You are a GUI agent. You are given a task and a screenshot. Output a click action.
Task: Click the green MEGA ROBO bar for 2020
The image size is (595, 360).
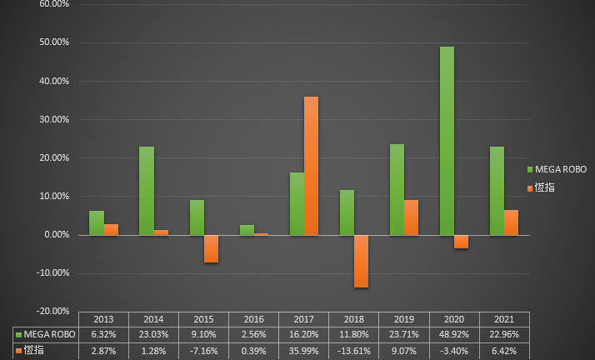[x=447, y=141]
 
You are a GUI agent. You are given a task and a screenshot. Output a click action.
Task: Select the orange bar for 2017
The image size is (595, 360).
[x=311, y=166]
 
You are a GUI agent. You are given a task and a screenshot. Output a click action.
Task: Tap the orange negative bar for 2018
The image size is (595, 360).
[x=361, y=261]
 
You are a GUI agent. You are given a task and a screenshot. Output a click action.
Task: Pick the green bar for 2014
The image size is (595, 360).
[x=147, y=191]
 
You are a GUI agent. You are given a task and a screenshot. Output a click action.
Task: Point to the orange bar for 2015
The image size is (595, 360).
[x=211, y=248]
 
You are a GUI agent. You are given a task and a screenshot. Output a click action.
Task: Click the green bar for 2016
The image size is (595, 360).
[x=247, y=230]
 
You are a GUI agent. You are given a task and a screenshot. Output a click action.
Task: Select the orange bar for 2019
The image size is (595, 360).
[x=411, y=217]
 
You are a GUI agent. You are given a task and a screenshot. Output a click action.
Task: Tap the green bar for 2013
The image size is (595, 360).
[x=97, y=222]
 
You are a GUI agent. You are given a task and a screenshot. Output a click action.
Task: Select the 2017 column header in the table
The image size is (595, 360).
[x=304, y=319]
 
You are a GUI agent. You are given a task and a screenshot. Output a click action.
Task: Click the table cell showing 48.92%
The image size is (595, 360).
[x=454, y=334]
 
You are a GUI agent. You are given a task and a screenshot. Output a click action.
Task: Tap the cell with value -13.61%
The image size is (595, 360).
[x=354, y=351]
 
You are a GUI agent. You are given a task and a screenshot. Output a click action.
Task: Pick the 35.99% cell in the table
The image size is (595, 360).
[x=304, y=351]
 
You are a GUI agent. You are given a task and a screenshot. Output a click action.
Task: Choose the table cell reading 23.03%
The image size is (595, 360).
[x=153, y=334]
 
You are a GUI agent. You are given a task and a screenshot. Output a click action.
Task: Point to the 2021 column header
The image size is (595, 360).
[x=504, y=319]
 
